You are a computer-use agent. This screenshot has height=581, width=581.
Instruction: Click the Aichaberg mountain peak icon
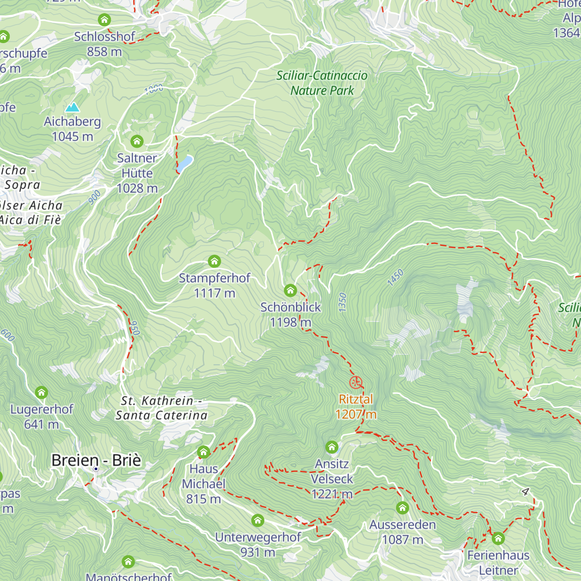73,107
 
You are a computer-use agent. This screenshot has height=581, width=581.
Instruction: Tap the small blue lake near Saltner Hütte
184,163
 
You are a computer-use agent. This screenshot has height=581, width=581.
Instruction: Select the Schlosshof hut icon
105,20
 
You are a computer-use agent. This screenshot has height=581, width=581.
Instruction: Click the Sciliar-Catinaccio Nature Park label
322,83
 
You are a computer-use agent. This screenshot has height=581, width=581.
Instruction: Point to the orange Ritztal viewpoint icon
356,382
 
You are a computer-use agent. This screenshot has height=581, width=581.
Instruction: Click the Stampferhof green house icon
214,261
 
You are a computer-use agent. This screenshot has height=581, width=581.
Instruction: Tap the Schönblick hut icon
290,290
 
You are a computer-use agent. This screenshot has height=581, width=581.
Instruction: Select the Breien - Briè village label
96,460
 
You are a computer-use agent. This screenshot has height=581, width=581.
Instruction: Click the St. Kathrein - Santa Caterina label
161,408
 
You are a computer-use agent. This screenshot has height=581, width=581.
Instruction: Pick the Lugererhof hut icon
42,393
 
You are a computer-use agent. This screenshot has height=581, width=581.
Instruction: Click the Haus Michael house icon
204,452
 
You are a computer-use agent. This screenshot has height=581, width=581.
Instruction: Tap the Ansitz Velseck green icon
332,447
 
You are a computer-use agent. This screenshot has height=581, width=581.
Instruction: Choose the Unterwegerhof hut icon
258,520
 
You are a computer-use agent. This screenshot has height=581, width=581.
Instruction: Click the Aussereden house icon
402,508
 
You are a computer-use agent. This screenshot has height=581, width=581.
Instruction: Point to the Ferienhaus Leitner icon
498,538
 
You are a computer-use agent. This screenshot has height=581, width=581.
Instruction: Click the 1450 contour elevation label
396,278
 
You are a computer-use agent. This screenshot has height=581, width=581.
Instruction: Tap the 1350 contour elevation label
343,302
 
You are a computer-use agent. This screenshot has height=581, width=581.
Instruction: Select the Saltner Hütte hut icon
137,141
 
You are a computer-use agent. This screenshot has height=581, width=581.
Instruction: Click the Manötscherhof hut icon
128,562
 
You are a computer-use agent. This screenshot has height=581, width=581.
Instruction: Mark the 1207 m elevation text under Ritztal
356,414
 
